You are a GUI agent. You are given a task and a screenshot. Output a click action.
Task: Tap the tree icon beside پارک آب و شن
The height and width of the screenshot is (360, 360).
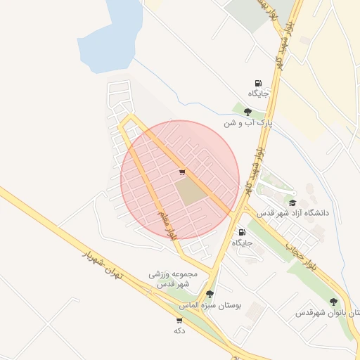click(247, 112)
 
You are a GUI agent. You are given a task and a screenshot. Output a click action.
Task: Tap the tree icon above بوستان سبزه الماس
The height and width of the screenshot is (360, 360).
click(210, 294)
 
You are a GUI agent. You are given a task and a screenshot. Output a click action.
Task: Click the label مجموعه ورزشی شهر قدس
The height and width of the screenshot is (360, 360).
click(174, 278)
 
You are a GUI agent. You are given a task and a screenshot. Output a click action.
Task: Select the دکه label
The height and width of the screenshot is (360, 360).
click(179, 330)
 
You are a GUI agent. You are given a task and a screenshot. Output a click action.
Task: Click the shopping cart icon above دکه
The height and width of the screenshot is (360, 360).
click(179, 320)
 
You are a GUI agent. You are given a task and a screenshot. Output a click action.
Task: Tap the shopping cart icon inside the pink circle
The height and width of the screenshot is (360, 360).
click(182, 172)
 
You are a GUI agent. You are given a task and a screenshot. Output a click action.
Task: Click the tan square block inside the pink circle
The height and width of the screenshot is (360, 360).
click(188, 191)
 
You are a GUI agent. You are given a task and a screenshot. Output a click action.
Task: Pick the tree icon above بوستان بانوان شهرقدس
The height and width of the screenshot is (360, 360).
click(333, 302)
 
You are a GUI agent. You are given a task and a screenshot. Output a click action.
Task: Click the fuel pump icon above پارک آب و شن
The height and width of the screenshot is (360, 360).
click(258, 83)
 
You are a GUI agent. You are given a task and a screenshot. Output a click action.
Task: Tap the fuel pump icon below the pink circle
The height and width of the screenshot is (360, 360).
click(242, 232)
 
